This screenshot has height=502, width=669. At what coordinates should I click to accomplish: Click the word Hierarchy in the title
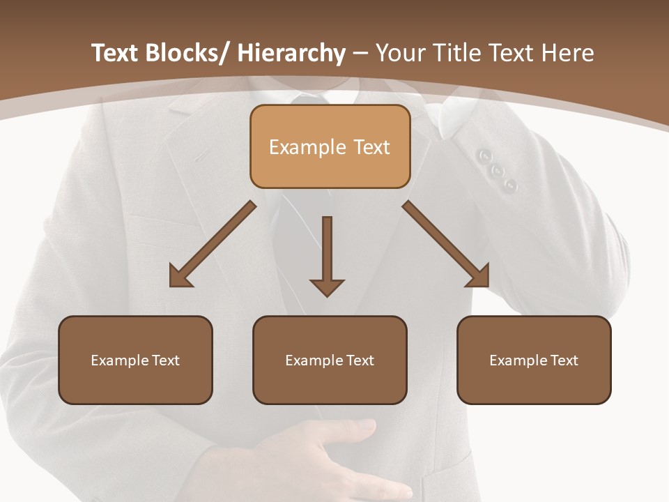[291, 53]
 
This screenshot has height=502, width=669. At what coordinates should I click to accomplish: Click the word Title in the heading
[455, 53]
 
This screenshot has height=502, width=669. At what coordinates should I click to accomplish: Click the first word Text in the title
[116, 53]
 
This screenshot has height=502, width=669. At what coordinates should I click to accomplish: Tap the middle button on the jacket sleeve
[498, 171]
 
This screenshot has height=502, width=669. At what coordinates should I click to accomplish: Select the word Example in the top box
[307, 147]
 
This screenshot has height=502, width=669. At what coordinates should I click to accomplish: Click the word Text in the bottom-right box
[564, 360]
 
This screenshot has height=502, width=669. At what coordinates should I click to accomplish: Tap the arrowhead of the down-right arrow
[479, 277]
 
